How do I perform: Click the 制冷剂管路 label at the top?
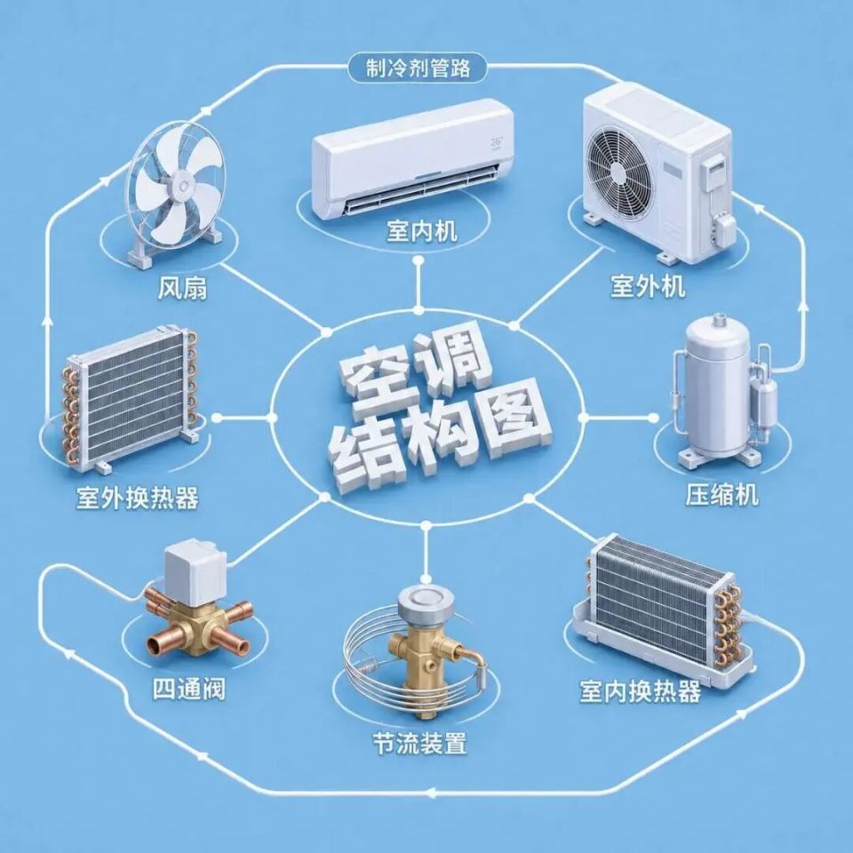[418, 69]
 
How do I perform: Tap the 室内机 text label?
[422, 231]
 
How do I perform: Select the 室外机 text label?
[648, 285]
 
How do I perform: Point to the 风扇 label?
[183, 288]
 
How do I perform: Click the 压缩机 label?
[721, 495]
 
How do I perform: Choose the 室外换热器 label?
[138, 498]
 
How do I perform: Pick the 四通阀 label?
[188, 690]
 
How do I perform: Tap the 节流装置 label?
[420, 743]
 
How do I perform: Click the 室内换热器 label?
[640, 691]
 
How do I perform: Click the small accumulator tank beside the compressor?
[761, 399]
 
